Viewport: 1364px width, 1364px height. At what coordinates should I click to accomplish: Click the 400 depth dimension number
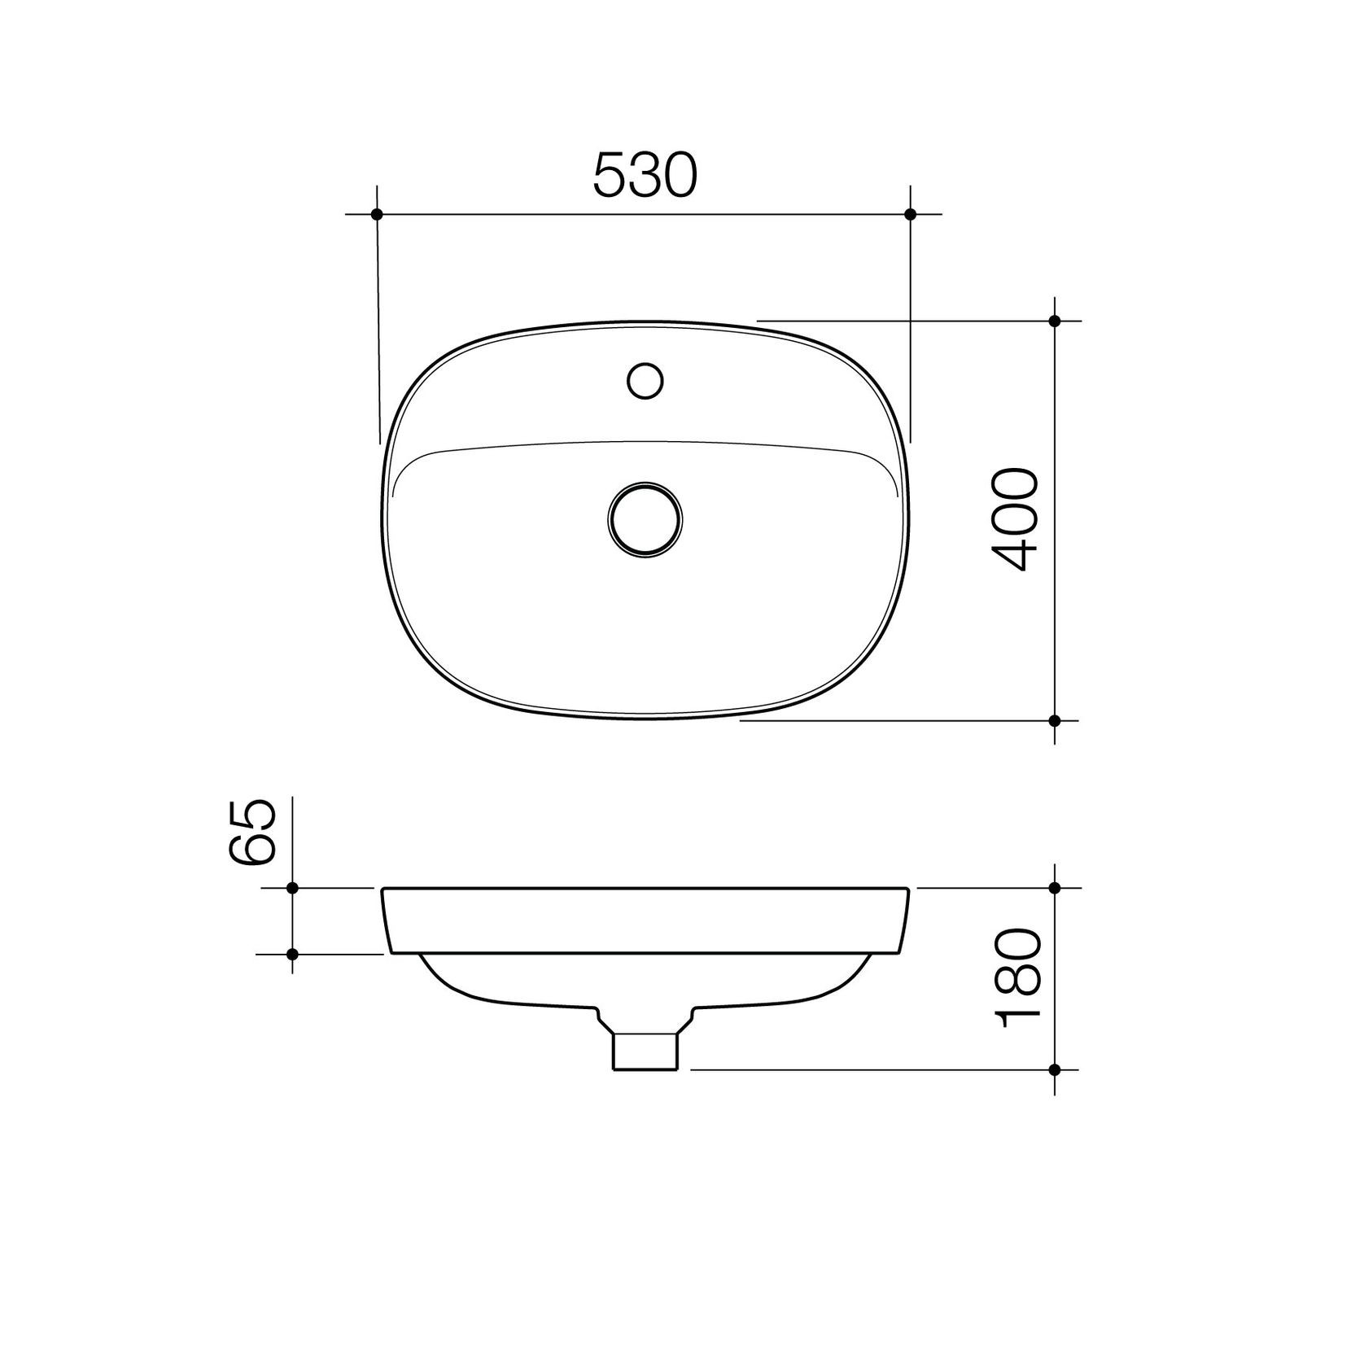(x=1015, y=518)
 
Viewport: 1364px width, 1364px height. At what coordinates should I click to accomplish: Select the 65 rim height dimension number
(x=251, y=831)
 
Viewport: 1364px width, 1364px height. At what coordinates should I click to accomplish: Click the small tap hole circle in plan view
(x=645, y=380)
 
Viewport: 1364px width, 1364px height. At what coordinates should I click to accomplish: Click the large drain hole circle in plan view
(x=645, y=519)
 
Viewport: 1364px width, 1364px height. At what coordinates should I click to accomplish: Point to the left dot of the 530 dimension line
(x=376, y=214)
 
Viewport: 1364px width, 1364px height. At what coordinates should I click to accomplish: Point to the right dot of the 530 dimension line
(x=911, y=214)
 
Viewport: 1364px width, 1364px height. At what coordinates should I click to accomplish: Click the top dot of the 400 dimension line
(x=1055, y=321)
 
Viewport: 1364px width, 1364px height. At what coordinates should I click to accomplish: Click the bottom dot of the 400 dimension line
(x=1055, y=720)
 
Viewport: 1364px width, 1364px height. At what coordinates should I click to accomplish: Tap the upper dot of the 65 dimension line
(x=293, y=888)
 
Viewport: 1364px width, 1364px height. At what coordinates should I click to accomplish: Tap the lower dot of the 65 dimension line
(x=293, y=953)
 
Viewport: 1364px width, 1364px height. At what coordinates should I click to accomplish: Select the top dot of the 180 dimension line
(x=1055, y=888)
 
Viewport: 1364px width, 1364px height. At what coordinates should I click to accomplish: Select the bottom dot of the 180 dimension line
(x=1055, y=1069)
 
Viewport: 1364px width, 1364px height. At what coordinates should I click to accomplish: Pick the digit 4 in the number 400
(x=1015, y=554)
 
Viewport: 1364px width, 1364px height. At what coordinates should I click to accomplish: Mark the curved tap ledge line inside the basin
(x=645, y=444)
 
